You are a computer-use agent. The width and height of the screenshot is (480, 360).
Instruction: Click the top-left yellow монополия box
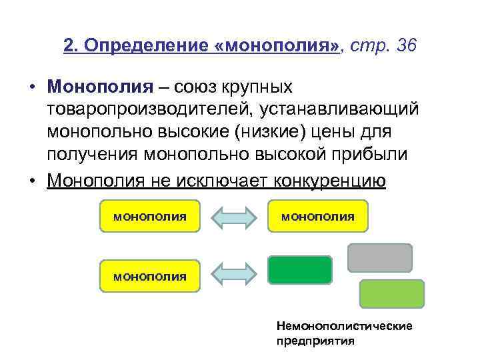coord(149,216)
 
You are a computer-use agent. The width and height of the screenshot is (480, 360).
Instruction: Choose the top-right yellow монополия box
coord(317,216)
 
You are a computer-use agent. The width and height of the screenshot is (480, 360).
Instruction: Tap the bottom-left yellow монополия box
coord(149,276)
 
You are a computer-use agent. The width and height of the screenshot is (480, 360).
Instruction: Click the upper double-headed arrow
coord(233,217)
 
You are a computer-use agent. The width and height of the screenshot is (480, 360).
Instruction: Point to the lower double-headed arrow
coord(233,274)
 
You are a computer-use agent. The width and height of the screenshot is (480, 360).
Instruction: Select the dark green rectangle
coord(300,270)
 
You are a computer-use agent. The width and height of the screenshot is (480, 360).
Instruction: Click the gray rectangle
coord(380,257)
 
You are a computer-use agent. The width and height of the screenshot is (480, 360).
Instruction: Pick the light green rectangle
coord(392,293)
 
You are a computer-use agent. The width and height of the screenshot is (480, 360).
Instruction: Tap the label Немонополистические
coord(344,326)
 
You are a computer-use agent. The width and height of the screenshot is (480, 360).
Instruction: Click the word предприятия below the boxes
coord(315,340)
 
